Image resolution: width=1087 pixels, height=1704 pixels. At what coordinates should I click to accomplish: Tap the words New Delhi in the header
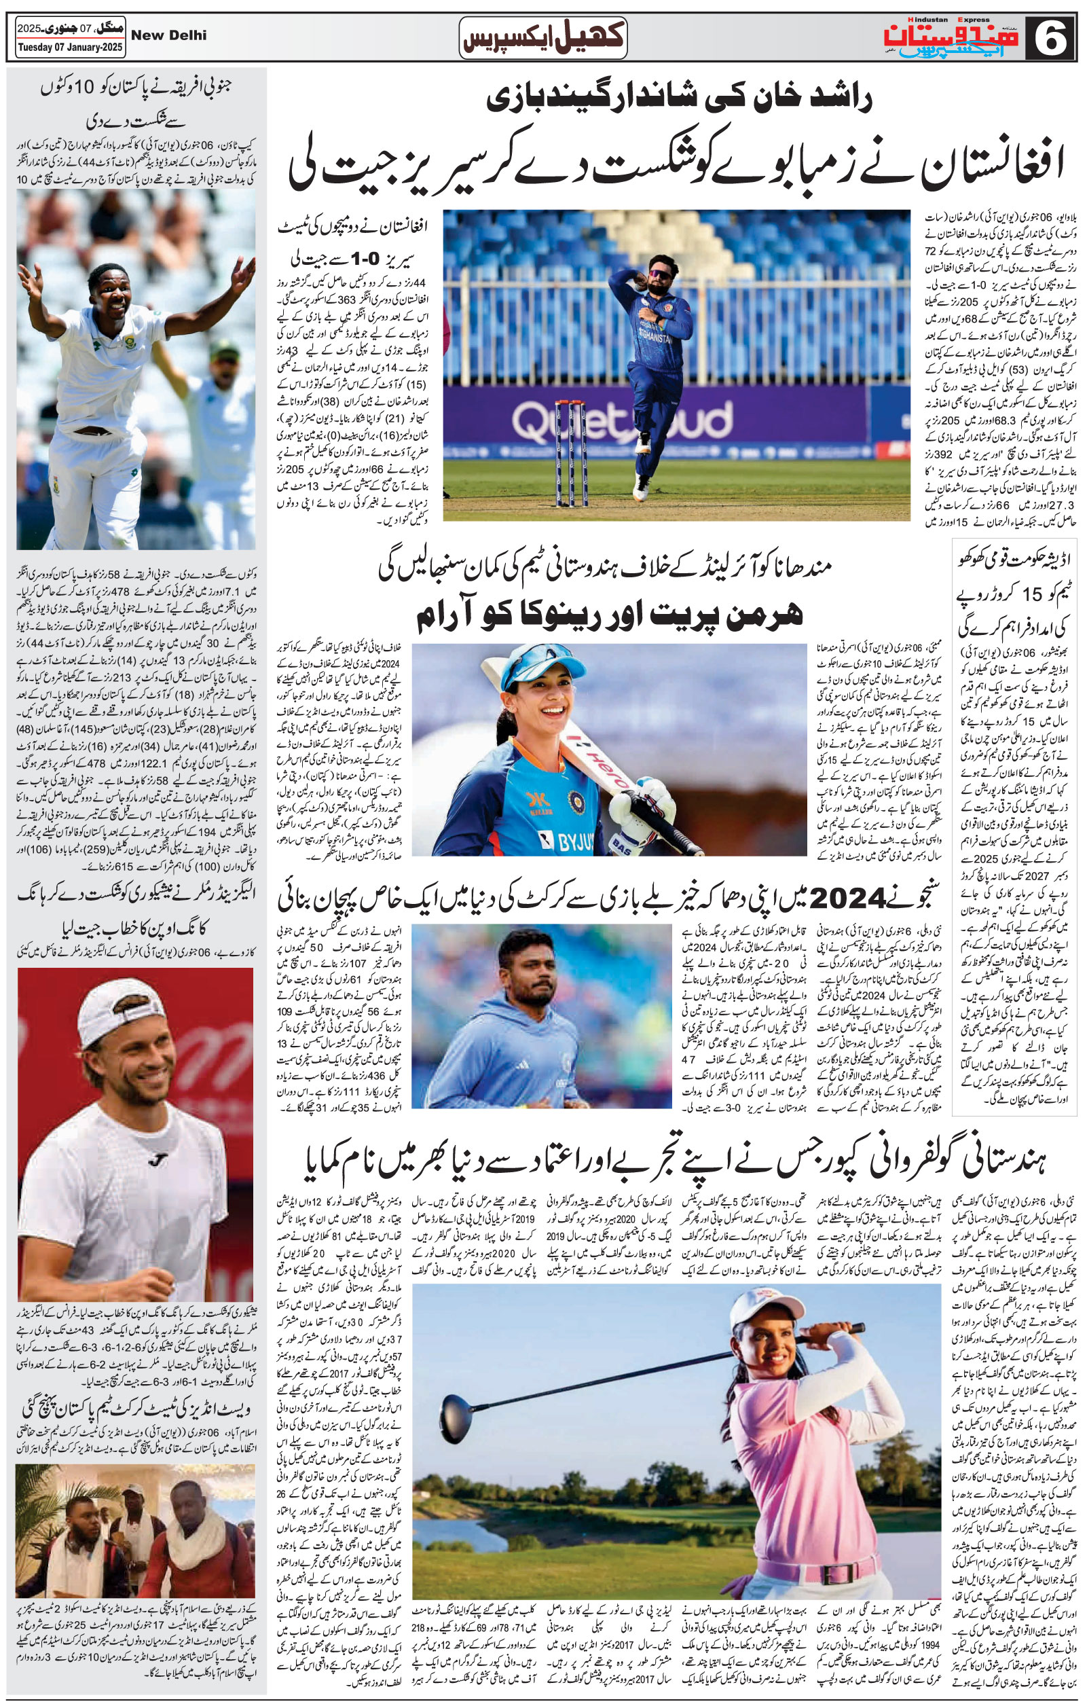(169, 35)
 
